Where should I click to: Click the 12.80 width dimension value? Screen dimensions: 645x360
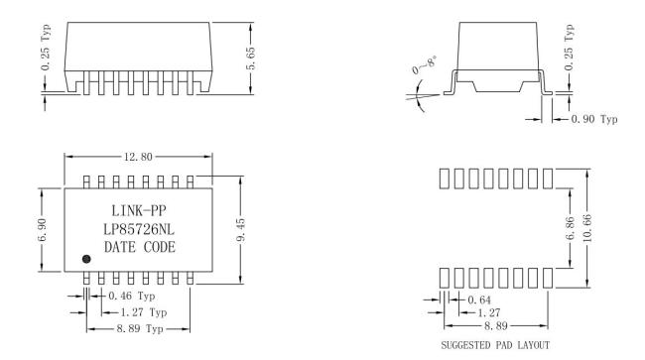(x=138, y=157)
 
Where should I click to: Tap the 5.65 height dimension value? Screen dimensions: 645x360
(x=250, y=59)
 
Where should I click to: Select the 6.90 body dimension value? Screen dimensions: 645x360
(x=43, y=230)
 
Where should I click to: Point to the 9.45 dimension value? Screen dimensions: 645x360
(x=241, y=230)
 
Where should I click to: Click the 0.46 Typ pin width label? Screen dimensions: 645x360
(x=132, y=296)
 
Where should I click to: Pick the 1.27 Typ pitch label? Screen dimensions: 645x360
(x=144, y=312)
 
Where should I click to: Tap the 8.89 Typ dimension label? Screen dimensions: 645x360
(x=140, y=329)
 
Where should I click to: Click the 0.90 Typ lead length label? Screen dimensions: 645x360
(x=594, y=119)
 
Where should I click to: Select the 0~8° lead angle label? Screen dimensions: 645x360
(x=425, y=65)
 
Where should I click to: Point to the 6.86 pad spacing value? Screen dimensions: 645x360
(x=570, y=228)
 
